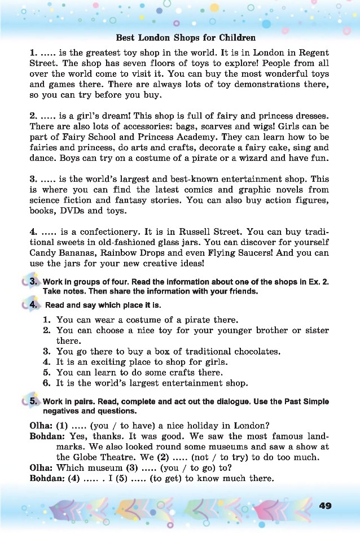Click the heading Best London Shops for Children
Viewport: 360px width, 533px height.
[186, 38]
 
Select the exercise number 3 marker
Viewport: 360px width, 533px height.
[33, 281]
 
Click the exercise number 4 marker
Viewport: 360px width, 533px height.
[33, 305]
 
